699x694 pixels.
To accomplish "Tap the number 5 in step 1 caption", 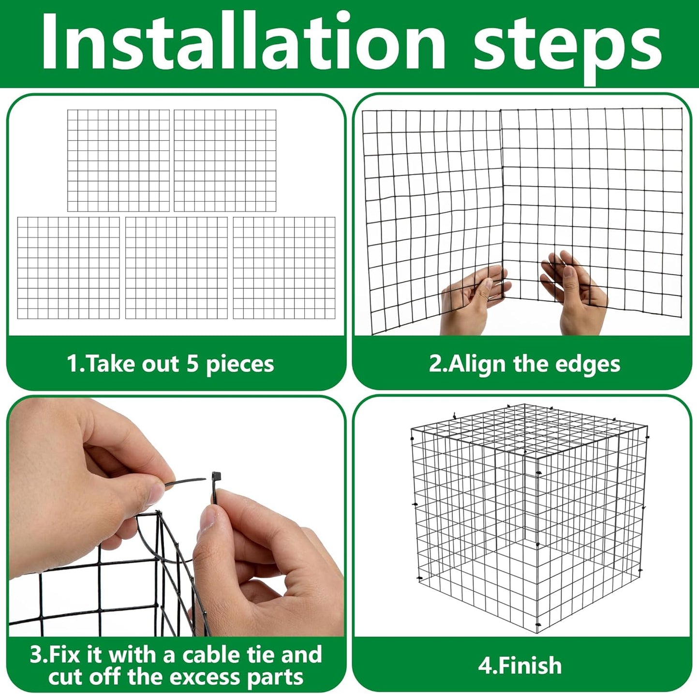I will tap(193, 364).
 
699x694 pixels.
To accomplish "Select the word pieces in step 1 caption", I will tap(240, 365).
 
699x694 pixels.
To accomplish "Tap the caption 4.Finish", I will tap(520, 666).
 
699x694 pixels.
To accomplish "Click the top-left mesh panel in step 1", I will tap(119, 161).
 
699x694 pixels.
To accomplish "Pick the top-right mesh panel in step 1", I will tap(225, 161).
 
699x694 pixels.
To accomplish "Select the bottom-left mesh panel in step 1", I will tap(68, 268).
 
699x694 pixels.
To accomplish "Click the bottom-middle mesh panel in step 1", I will tap(176, 268).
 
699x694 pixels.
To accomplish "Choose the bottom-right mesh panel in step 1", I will tap(284, 268).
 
